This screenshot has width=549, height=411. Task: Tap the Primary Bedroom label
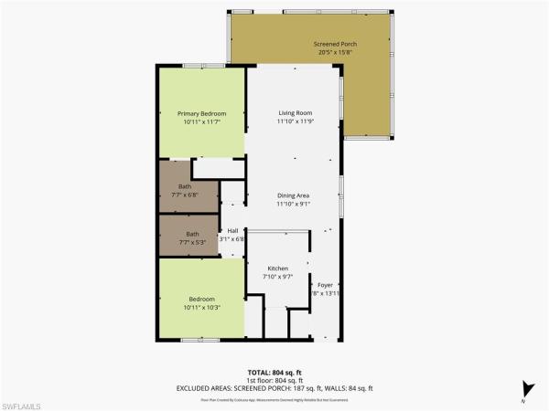pyautogui.click(x=201, y=113)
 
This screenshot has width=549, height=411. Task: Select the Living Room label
pyautogui.click(x=296, y=113)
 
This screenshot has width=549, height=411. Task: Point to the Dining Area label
pyautogui.click(x=296, y=195)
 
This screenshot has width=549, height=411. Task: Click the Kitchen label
pyautogui.click(x=277, y=269)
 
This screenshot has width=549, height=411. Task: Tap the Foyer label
pyautogui.click(x=326, y=286)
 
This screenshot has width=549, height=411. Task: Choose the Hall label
pyautogui.click(x=232, y=230)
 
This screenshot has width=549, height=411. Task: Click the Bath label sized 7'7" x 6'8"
pyautogui.click(x=185, y=186)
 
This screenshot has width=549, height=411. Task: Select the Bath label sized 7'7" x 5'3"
pyautogui.click(x=192, y=234)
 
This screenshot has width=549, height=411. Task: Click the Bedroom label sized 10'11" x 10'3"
pyautogui.click(x=201, y=299)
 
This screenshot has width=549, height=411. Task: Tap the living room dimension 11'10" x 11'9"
pyautogui.click(x=296, y=121)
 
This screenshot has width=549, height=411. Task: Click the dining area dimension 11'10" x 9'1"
pyautogui.click(x=296, y=204)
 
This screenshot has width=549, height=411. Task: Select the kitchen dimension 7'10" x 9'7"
pyautogui.click(x=277, y=277)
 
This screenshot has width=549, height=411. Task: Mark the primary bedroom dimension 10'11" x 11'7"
pyautogui.click(x=201, y=121)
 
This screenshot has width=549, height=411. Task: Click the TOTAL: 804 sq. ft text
pyautogui.click(x=274, y=373)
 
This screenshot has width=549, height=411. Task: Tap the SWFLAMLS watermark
pyautogui.click(x=26, y=403)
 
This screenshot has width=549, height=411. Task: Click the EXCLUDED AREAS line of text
pyautogui.click(x=274, y=387)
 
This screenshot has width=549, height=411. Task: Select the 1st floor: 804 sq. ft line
pyautogui.click(x=274, y=380)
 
